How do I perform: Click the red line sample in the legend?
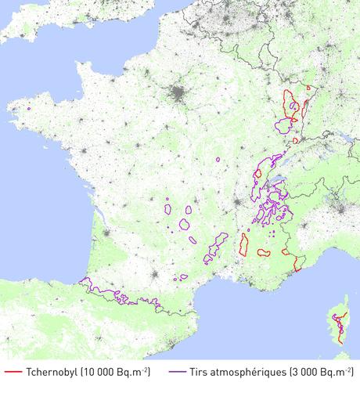[x=13, y=372]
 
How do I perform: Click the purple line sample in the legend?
[x=176, y=372]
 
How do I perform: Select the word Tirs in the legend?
[x=200, y=372]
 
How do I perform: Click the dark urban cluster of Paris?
[x=180, y=96]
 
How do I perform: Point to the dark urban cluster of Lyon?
[x=237, y=205]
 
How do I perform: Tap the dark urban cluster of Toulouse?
[x=157, y=276]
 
